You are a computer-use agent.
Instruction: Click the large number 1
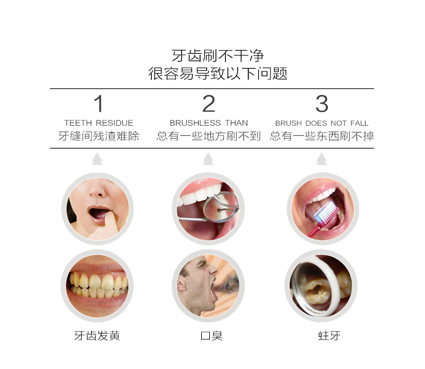coord(99,103)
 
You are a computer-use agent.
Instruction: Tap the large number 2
coord(209,103)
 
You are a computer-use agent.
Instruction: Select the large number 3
coord(322,103)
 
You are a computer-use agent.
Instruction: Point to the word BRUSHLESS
coord(195,123)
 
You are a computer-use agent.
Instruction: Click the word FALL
coord(359,123)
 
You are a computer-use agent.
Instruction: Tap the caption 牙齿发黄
coord(97,336)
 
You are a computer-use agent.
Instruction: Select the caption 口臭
coord(211,336)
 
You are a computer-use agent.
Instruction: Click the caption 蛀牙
coord(329,336)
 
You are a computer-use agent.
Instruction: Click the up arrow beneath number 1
coord(97,159)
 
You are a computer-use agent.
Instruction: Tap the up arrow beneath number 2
coord(208,159)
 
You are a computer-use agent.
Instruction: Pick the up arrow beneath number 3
coord(321,159)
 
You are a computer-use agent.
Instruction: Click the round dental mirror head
coord(221,207)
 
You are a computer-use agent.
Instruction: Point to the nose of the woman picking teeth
coord(97,191)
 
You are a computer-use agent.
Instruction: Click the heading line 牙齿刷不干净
coord(218,56)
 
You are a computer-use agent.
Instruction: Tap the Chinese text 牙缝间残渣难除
coord(99,136)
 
